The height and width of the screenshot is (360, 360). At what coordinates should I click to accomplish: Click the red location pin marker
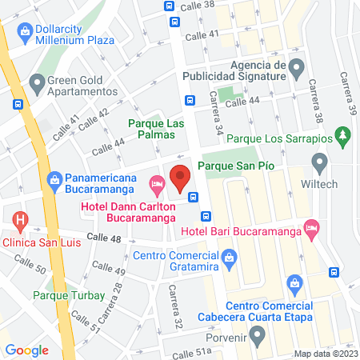coord(180,175)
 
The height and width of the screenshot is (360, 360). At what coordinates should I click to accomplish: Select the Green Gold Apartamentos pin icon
coord(37,81)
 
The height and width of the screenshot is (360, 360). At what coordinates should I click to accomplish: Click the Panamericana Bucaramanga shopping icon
coord(54,179)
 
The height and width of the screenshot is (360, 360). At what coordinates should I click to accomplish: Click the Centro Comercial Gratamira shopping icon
coord(229,257)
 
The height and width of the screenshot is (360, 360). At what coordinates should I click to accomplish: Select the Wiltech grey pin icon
coord(319,166)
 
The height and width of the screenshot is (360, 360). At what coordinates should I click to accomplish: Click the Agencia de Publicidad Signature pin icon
coord(295,66)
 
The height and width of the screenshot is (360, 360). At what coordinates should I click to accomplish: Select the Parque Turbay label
coord(69,295)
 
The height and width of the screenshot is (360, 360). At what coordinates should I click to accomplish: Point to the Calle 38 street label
coord(200,5)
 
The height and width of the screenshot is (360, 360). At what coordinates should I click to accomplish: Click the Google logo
coord(26,350)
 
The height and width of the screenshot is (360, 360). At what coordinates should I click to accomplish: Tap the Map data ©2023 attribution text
coord(325,354)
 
